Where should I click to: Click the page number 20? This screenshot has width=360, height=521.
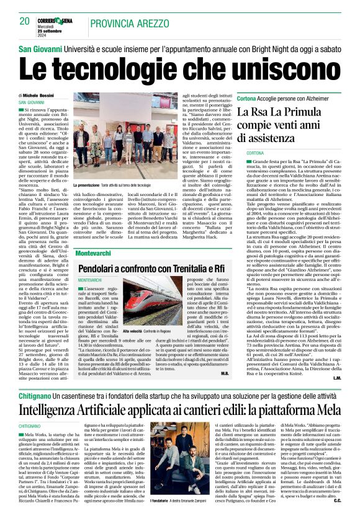coord(25,21)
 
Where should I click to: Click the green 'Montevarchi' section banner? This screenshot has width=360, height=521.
coord(95,254)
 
